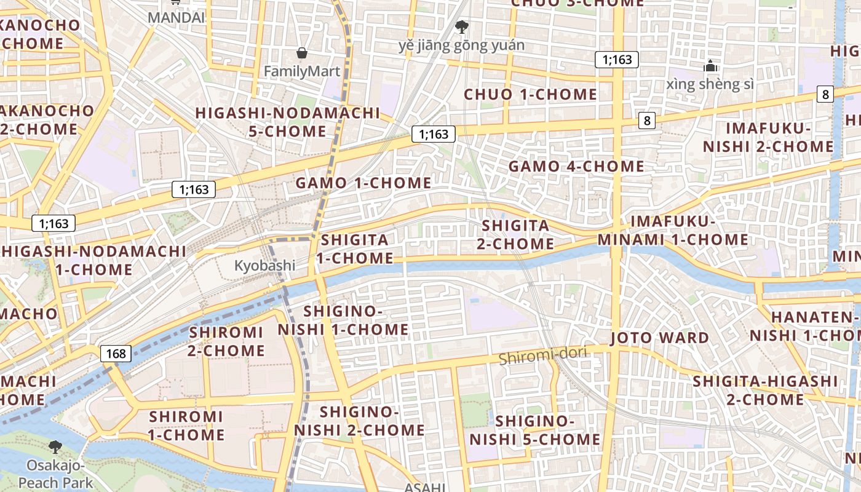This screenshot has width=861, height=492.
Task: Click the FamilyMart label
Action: pyautogui.click(x=301, y=71)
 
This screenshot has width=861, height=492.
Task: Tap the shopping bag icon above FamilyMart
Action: pyautogui.click(x=301, y=53)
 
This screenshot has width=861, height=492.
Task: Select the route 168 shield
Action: pyautogui.click(x=116, y=353)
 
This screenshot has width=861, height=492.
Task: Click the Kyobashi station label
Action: pyautogui.click(x=264, y=266)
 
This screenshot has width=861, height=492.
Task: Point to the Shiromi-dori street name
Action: pyautogui.click(x=543, y=355)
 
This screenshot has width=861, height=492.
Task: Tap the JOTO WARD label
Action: pyautogui.click(x=659, y=338)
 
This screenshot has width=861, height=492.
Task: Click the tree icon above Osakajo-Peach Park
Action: pyautogui.click(x=55, y=446)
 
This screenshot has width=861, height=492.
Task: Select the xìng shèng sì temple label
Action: pyautogui.click(x=710, y=84)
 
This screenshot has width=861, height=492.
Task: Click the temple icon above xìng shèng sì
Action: pyautogui.click(x=710, y=65)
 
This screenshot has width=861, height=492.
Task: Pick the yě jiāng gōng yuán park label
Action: pyautogui.click(x=461, y=46)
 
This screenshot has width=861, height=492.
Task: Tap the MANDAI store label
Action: pyautogui.click(x=176, y=17)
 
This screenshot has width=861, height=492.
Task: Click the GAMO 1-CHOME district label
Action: pyautogui.click(x=363, y=183)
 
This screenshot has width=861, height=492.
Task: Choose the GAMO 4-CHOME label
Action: pyautogui.click(x=576, y=166)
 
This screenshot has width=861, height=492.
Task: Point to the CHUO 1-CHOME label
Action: pyautogui.click(x=530, y=94)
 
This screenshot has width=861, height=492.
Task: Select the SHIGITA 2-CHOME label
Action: pyautogui.click(x=515, y=234)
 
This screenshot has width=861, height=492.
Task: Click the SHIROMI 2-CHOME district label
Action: pyautogui.click(x=226, y=341)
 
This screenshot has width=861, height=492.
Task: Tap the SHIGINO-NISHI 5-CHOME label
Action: pyautogui.click(x=534, y=430)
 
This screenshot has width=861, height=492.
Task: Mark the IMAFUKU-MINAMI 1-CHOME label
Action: pyautogui.click(x=673, y=230)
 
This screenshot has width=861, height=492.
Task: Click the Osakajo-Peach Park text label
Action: pyautogui.click(x=55, y=474)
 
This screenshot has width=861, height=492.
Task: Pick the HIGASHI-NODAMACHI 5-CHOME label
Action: pyautogui.click(x=288, y=122)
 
